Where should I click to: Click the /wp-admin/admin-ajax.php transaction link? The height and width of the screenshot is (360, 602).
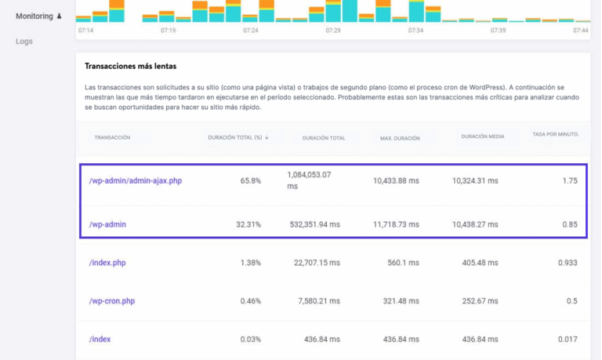[135, 181]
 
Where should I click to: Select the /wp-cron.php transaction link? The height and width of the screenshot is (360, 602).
[111, 301]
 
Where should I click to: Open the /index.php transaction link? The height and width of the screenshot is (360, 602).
[107, 263]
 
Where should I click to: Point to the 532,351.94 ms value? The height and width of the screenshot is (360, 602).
[313, 224]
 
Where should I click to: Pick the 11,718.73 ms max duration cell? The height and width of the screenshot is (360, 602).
[396, 224]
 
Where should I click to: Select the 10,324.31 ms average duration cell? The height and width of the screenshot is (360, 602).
[475, 181]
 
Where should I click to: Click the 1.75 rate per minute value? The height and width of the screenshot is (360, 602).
[569, 181]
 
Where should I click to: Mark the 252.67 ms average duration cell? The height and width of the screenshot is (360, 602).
[480, 301]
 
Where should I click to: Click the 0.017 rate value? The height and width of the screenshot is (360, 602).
[568, 339]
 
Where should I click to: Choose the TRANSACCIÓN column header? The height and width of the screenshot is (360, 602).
[112, 137]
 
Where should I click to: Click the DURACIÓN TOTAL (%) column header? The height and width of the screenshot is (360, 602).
[238, 137]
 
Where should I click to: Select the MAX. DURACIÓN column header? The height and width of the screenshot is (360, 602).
[400, 138]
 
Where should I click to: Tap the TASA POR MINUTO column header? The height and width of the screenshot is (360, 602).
[555, 134]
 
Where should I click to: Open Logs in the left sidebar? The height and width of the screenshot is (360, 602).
[24, 42]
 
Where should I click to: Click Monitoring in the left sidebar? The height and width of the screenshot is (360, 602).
[34, 16]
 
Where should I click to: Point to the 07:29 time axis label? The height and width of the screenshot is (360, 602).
[333, 30]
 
